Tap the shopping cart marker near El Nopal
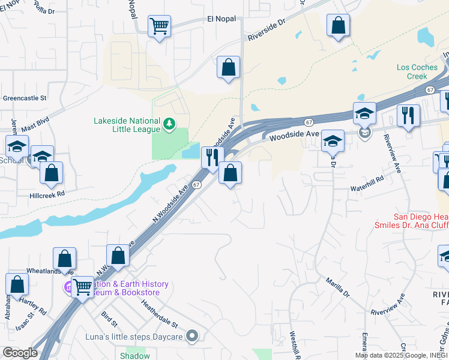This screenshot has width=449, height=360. (159, 26)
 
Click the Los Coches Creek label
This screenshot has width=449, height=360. (412, 71)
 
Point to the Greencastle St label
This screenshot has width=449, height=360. (25, 98)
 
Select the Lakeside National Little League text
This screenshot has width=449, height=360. (127, 124)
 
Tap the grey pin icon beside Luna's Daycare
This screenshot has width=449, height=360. (192, 335)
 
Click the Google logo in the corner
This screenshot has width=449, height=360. (20, 353)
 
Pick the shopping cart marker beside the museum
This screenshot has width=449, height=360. (82, 287)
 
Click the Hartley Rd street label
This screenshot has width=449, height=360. (34, 305)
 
